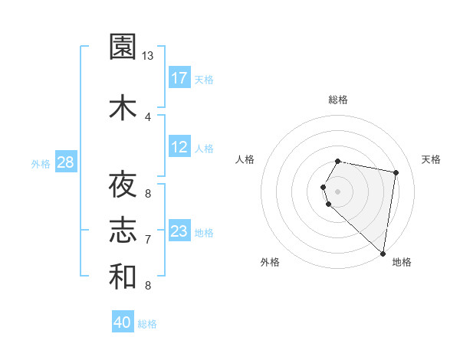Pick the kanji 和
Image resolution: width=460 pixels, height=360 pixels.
[x=123, y=277]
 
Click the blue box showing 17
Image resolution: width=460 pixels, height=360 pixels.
[x=179, y=77]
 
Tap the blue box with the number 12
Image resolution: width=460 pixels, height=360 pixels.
[x=179, y=147]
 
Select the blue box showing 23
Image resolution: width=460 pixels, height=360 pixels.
[x=179, y=231]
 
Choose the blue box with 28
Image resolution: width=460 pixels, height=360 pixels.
[x=65, y=162]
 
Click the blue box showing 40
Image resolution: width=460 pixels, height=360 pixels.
[x=123, y=322]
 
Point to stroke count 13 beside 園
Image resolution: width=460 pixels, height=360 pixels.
[x=148, y=56]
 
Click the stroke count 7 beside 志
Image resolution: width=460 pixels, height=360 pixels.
[x=147, y=240]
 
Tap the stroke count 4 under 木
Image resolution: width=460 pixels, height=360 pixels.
[x=147, y=116]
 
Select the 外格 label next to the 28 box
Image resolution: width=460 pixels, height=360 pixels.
[x=41, y=163]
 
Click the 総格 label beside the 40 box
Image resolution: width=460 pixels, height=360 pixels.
[x=147, y=323]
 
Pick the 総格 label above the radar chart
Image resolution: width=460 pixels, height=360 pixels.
[x=338, y=100]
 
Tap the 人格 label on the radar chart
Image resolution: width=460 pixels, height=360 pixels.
[x=245, y=159]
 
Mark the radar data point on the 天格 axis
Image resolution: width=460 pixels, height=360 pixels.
[x=396, y=173]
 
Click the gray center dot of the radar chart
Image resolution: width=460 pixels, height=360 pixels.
[x=338, y=191]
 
